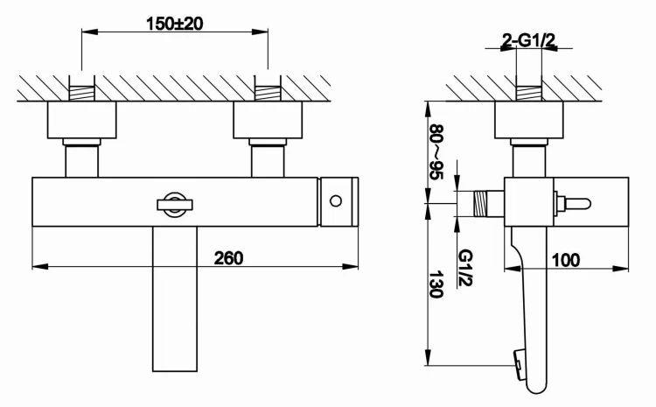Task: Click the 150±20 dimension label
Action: coord(173,24)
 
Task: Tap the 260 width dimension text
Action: coord(228,257)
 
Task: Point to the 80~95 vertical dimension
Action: coord(435,150)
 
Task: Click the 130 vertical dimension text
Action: coord(435,284)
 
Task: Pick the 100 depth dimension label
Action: coord(567,260)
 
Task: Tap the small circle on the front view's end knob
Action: coord(335,203)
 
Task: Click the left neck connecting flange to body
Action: coord(81,160)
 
